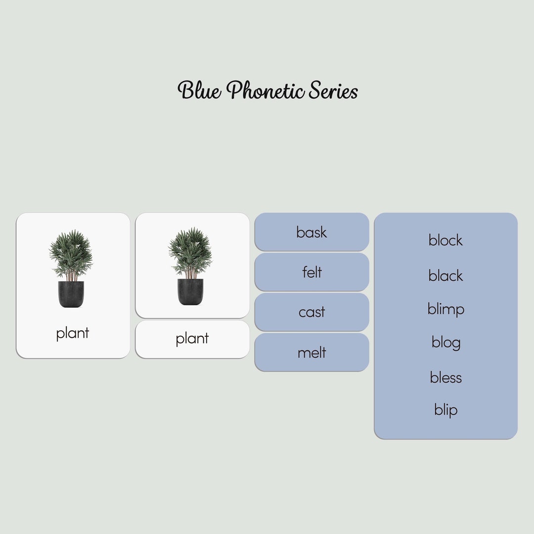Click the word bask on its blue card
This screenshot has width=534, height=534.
point(311,232)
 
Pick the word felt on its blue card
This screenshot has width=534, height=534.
point(311,272)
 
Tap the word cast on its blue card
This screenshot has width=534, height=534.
point(311,312)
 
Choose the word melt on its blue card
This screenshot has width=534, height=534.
point(311,353)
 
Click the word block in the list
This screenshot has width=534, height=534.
point(445,240)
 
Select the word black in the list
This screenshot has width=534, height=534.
point(445,275)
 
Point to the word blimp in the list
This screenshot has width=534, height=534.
point(445,310)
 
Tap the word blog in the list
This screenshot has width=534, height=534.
point(445,343)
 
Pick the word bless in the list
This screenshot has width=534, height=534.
point(445,378)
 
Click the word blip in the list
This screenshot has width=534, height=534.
point(445,410)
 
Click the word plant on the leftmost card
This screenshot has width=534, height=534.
point(72,333)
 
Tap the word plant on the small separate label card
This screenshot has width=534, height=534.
point(192,339)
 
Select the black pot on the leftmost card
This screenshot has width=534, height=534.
point(71,294)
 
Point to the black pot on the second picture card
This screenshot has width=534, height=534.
point(190,292)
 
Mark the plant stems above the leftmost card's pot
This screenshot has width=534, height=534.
point(71,275)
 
